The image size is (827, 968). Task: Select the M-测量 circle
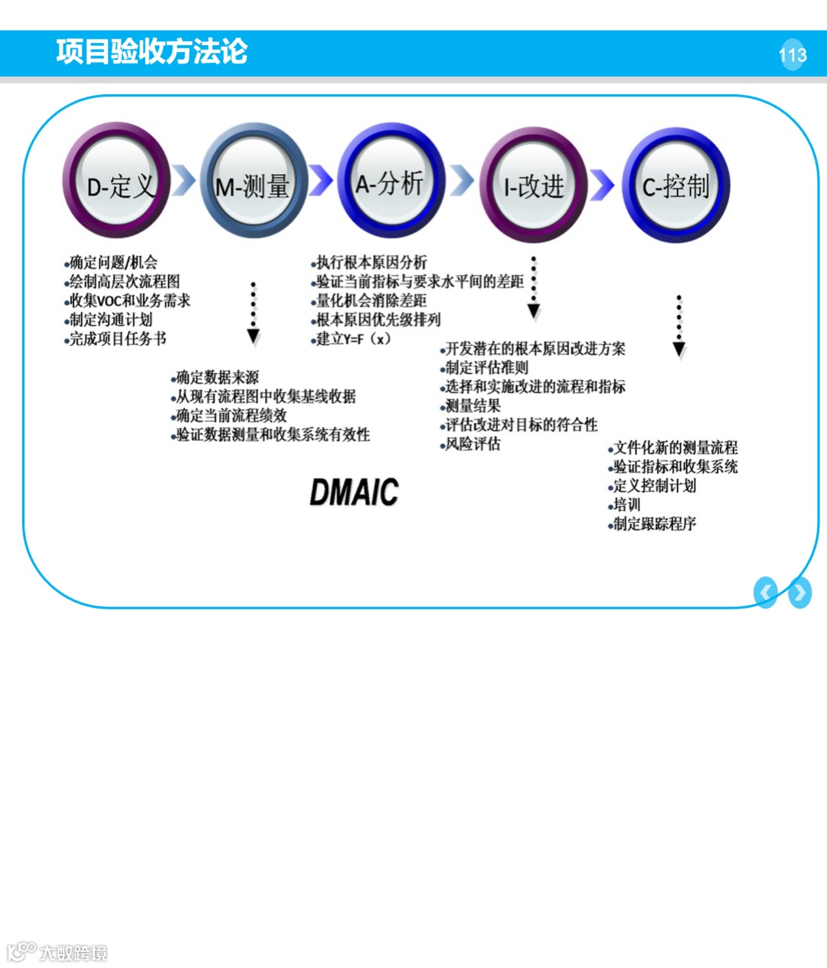[x=253, y=185]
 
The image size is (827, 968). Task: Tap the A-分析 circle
[x=391, y=183]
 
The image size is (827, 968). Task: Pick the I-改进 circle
[x=533, y=185]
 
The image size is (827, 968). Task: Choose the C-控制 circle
[x=675, y=185]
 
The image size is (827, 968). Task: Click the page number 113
[x=793, y=55]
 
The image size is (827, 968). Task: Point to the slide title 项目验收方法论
[x=152, y=52]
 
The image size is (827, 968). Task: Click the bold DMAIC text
[x=354, y=493]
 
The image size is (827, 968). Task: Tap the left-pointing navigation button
[x=766, y=592]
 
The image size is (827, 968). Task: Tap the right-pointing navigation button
[x=799, y=592]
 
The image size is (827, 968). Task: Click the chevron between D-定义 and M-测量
[x=184, y=180]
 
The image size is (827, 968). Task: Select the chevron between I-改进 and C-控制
[x=603, y=185]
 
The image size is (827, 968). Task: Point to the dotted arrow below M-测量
[x=253, y=313]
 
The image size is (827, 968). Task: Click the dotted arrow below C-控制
[x=678, y=326]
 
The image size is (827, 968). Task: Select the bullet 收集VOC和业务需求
[x=129, y=300]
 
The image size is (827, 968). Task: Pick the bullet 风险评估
[x=472, y=444]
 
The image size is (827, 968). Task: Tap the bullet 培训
[x=626, y=504]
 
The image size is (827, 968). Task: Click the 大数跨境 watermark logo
[x=57, y=953]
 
